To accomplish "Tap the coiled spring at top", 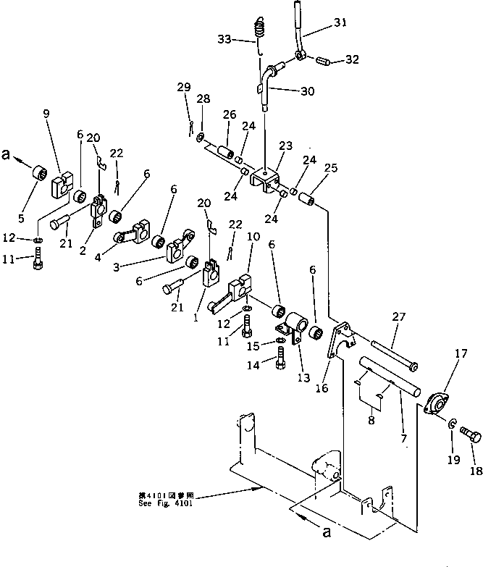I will point(259,32).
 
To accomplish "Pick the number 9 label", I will point(46,114).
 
